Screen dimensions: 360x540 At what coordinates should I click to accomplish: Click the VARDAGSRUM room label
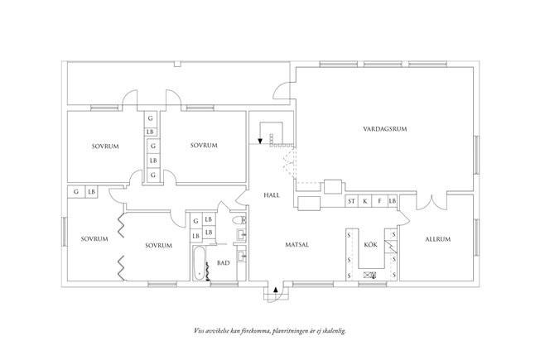pos(387,130)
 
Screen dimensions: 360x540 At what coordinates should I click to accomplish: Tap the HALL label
pos(272,196)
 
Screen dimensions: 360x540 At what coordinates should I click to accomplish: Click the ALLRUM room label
pos(437,239)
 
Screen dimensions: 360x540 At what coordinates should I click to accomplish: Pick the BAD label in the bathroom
pos(223,263)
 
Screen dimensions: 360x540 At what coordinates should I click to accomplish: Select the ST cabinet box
pos(351,201)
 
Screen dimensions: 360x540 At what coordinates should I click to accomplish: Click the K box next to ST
pos(365,201)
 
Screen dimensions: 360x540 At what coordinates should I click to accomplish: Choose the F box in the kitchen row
pos(378,201)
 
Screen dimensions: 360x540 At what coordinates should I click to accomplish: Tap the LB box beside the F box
pos(392,201)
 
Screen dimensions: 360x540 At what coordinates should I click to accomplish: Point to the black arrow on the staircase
pos(260,141)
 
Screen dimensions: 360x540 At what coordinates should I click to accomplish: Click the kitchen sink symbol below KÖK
pos(371,276)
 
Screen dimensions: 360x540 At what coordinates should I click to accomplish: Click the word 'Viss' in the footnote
pos(200,331)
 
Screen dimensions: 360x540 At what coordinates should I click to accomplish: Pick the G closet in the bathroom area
pos(195,220)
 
